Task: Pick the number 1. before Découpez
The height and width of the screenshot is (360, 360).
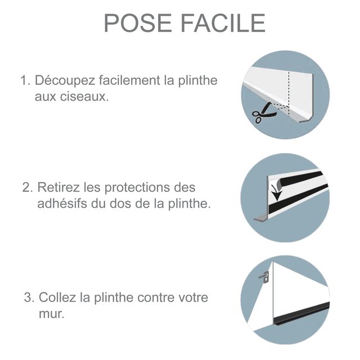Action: [x=24, y=80]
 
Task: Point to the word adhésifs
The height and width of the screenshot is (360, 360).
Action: [x=62, y=203]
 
